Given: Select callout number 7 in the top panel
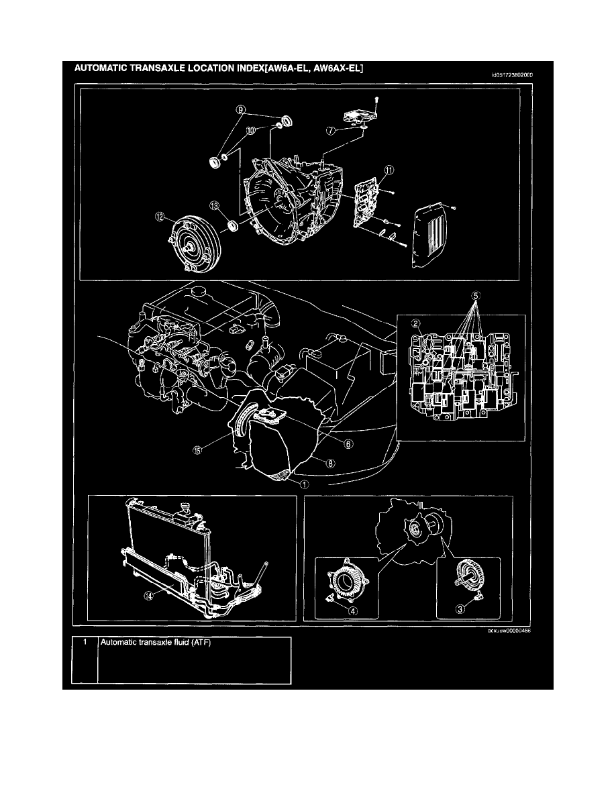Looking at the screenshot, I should pos(331,130).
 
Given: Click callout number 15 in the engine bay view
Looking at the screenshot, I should pos(198,451).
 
